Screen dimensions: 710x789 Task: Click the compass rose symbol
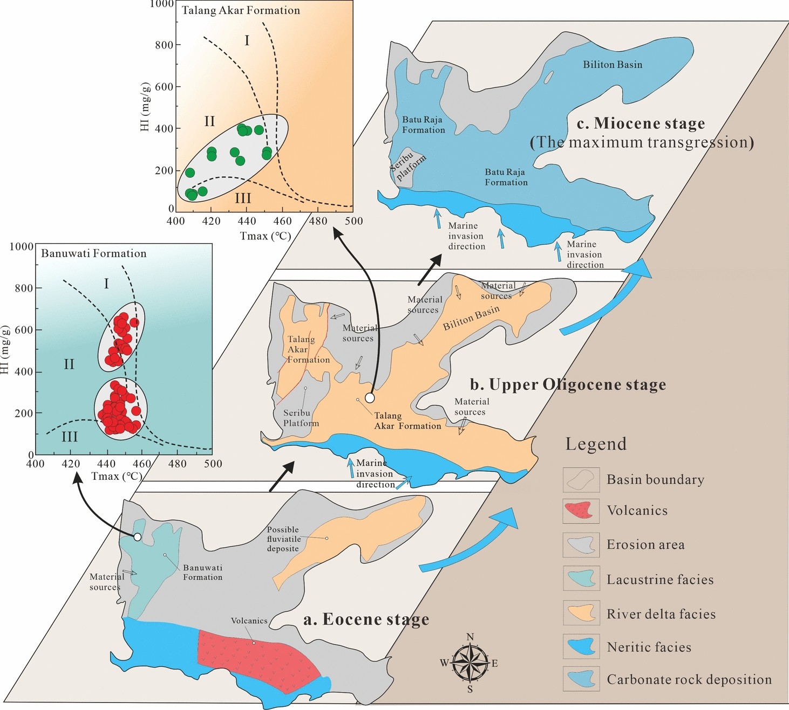click(x=470, y=663)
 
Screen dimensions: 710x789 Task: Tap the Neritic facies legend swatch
click(x=581, y=646)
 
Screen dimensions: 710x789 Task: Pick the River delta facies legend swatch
click(x=581, y=613)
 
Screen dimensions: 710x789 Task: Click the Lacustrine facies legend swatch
click(x=581, y=579)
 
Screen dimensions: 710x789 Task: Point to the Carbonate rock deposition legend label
click(x=689, y=680)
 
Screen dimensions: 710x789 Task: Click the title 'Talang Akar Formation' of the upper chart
click(x=241, y=10)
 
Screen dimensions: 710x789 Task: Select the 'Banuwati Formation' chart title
click(x=94, y=253)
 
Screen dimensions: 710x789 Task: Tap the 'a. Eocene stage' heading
click(x=366, y=619)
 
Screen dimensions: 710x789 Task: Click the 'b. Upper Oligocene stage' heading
click(x=568, y=384)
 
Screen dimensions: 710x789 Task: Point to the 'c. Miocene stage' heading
click(x=641, y=123)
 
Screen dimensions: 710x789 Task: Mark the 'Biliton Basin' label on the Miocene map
click(x=613, y=65)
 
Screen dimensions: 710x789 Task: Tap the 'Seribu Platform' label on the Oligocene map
click(x=301, y=418)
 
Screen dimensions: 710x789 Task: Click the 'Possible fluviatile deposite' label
click(x=283, y=539)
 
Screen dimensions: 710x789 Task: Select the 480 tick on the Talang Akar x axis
click(x=318, y=221)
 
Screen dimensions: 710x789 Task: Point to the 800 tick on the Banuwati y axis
click(x=24, y=288)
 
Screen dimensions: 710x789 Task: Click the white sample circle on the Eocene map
click(x=138, y=537)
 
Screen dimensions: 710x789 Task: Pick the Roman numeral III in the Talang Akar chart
click(x=243, y=198)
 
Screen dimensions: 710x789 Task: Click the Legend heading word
click(x=596, y=444)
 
